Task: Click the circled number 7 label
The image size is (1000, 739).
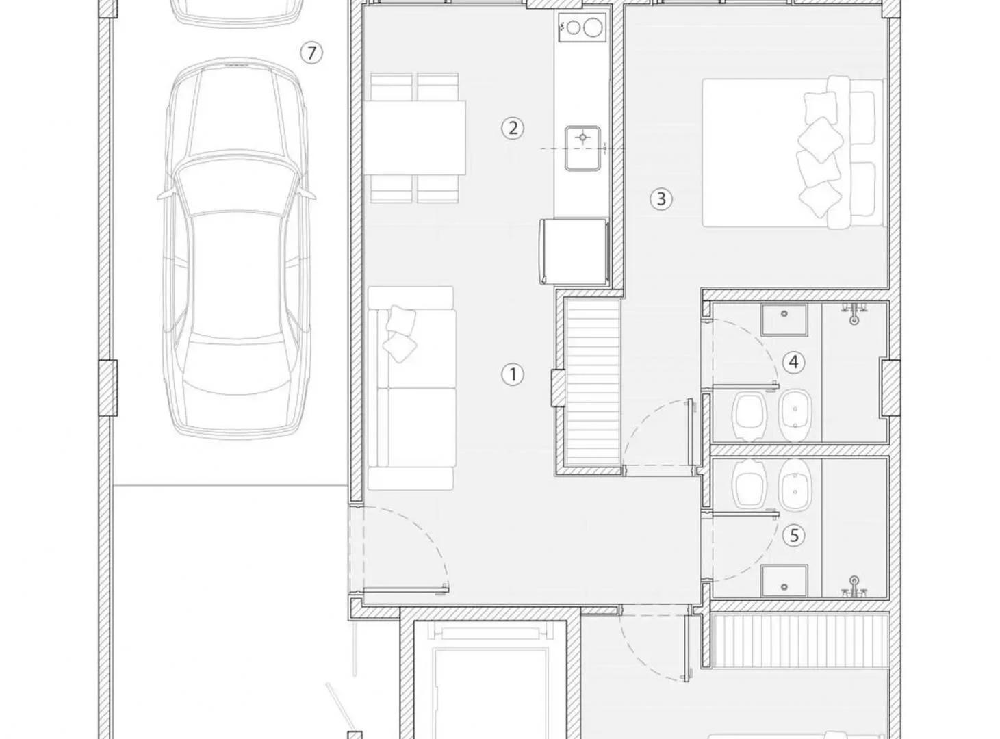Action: [x=311, y=53]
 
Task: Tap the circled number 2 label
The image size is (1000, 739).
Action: [x=513, y=129]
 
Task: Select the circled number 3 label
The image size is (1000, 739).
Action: [x=661, y=199]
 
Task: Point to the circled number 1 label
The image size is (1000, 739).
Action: [x=513, y=374]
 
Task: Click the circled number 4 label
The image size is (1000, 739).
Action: [x=793, y=362]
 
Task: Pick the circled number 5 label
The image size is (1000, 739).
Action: [x=793, y=535]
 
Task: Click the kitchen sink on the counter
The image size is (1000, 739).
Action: [x=583, y=148]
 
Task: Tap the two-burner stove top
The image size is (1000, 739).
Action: [x=582, y=27]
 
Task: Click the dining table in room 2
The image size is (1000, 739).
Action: [x=414, y=138]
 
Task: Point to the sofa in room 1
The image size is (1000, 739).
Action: [x=411, y=388]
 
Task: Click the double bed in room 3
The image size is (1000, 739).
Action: [x=793, y=153]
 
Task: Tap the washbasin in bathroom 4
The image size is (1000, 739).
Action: [x=784, y=320]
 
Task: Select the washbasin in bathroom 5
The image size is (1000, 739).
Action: [x=784, y=581]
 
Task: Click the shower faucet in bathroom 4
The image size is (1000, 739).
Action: [x=854, y=314]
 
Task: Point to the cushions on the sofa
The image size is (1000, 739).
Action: [x=400, y=334]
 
